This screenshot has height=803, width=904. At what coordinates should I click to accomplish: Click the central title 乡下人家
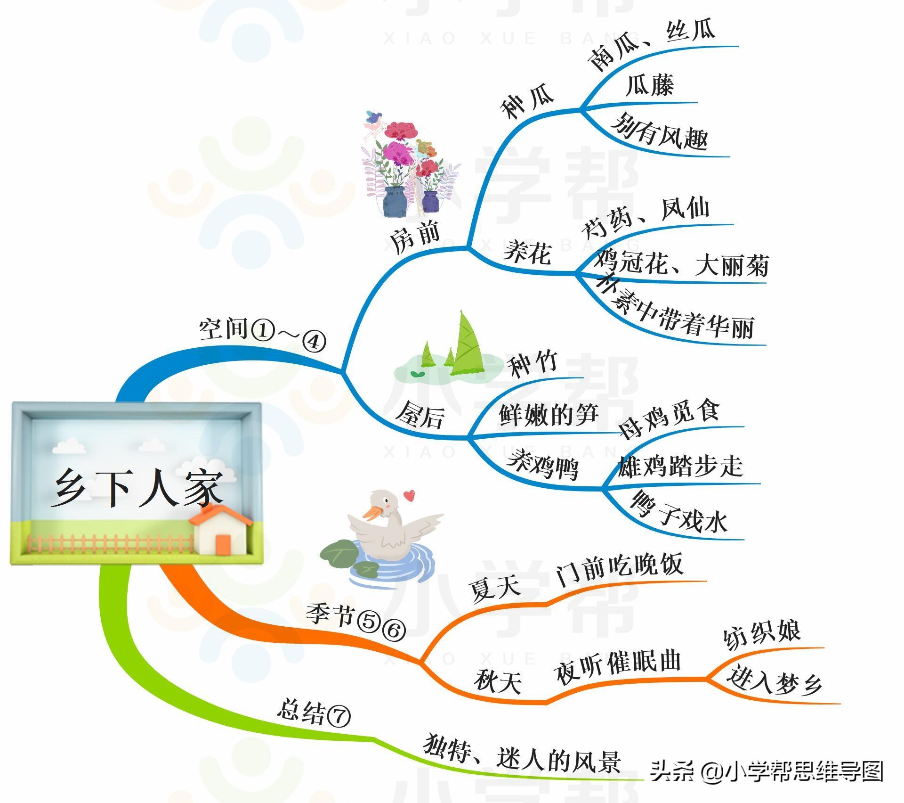[x=137, y=488]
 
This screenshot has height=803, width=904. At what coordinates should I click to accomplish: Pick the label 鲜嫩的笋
[x=549, y=415]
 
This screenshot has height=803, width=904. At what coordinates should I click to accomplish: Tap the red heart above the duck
[x=409, y=495]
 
